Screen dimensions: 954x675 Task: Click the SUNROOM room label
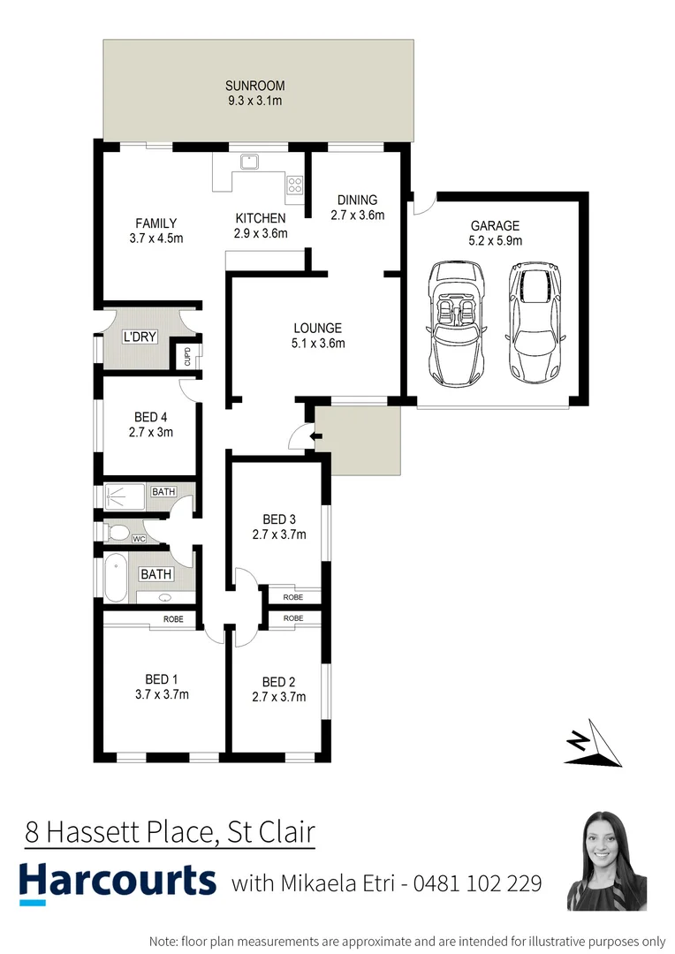[254, 86]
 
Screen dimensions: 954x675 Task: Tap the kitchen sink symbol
[250, 161]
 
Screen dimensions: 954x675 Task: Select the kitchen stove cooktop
[294, 185]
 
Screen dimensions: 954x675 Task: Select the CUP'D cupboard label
[187, 357]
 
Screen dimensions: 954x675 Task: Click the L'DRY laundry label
[138, 337]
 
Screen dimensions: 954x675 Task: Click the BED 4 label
[148, 417]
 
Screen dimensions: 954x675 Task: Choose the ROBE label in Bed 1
[173, 619]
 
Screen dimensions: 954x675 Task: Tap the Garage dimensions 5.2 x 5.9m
[495, 240]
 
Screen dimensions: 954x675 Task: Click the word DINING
[357, 200]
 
